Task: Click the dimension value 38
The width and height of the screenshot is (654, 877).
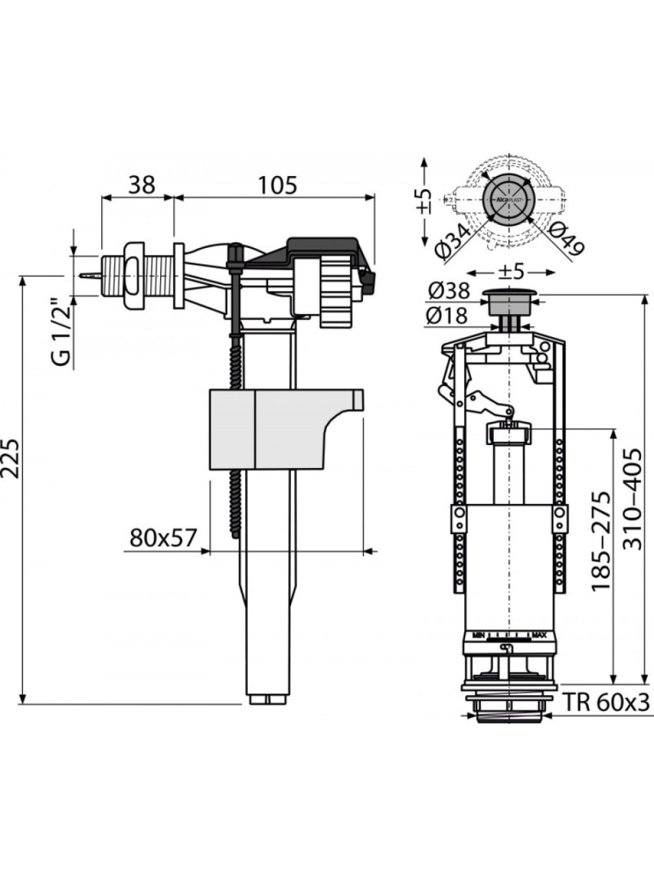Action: click(142, 185)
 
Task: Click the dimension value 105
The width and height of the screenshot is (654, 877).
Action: click(277, 185)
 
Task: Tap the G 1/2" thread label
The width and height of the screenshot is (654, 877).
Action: click(63, 332)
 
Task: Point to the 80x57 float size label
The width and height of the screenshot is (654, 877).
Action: click(163, 537)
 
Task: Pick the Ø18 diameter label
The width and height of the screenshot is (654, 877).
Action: click(446, 315)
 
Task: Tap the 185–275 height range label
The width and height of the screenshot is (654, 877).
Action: click(601, 542)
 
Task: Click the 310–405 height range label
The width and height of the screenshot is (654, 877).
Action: click(632, 499)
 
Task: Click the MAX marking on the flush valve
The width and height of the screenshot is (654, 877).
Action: click(541, 635)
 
